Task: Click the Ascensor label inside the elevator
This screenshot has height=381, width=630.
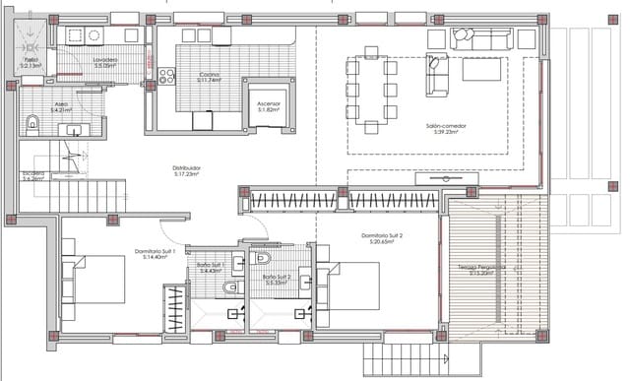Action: coord(269,105)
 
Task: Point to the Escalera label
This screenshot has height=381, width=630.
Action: coord(32,176)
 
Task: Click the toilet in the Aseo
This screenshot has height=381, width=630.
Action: coord(33,123)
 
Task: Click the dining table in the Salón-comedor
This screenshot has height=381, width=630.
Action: coord(371,96)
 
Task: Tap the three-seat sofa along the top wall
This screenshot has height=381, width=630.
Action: coord(482,38)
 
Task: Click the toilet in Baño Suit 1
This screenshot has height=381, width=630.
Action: coord(229,286)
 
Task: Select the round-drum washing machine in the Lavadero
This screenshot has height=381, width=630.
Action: coord(94,35)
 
